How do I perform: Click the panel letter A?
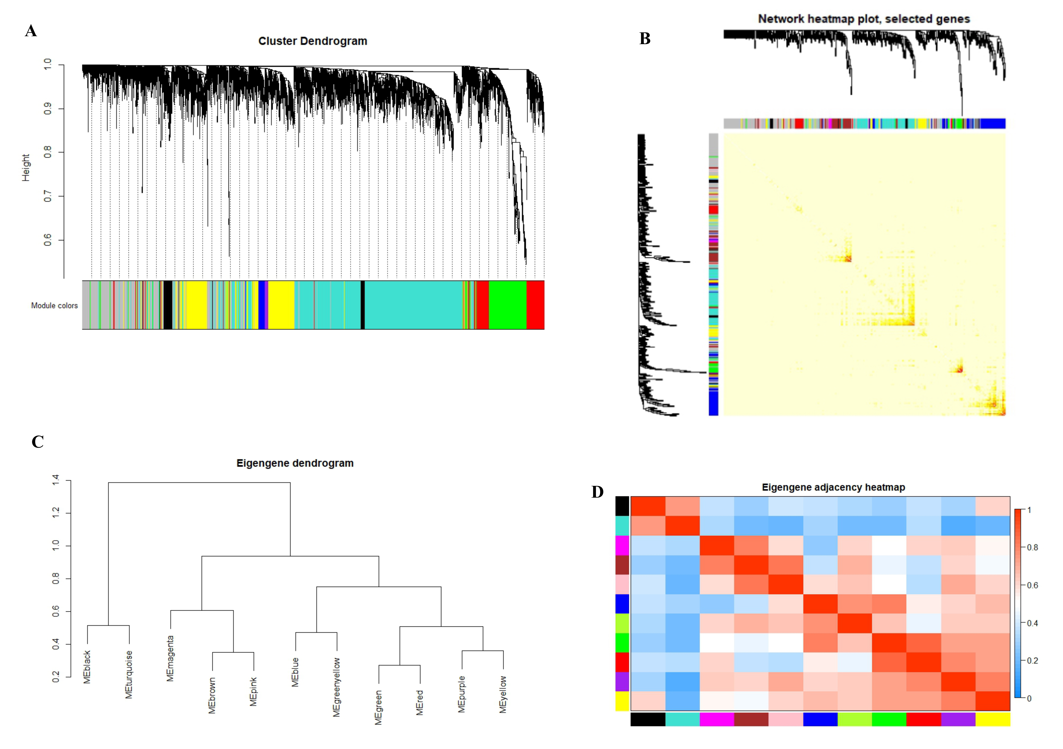tap(31, 31)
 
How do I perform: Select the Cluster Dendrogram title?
tap(313, 41)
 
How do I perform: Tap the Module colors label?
tap(54, 306)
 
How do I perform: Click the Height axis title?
tap(26, 168)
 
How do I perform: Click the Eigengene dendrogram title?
tap(295, 463)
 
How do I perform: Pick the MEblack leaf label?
tap(87, 667)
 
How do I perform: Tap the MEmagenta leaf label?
tap(170, 659)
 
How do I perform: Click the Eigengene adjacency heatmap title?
tap(833, 487)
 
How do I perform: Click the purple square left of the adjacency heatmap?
tap(622, 682)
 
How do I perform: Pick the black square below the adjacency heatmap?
tap(648, 719)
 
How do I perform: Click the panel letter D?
tap(598, 492)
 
